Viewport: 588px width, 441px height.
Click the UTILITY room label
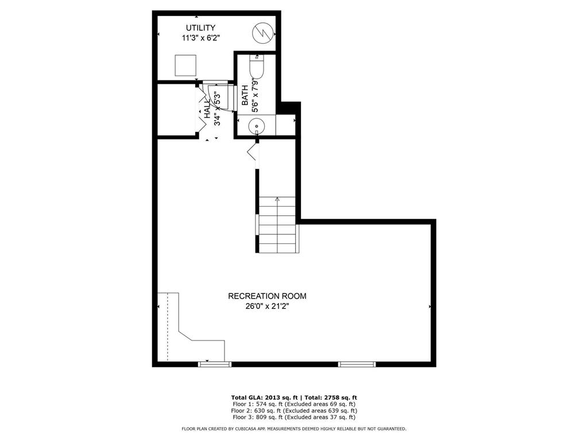tap(200, 28)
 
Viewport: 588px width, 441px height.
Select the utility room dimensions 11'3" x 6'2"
tap(200, 37)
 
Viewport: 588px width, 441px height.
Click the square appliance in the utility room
tap(185, 65)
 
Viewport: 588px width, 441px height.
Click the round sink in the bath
tap(257, 125)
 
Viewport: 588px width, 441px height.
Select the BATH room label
tap(245, 95)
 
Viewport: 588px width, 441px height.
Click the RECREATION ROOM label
tap(267, 296)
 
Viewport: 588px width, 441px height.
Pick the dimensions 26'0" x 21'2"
tap(267, 307)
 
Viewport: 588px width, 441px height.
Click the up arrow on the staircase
tap(277, 199)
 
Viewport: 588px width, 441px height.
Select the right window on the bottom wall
tap(357, 363)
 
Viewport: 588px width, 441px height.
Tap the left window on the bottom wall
tap(215, 363)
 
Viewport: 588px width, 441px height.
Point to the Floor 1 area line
tap(294, 404)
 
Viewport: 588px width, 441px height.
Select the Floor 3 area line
tap(294, 417)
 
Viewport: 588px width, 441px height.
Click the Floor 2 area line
tap(294, 411)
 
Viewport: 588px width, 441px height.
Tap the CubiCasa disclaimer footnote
tap(294, 428)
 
